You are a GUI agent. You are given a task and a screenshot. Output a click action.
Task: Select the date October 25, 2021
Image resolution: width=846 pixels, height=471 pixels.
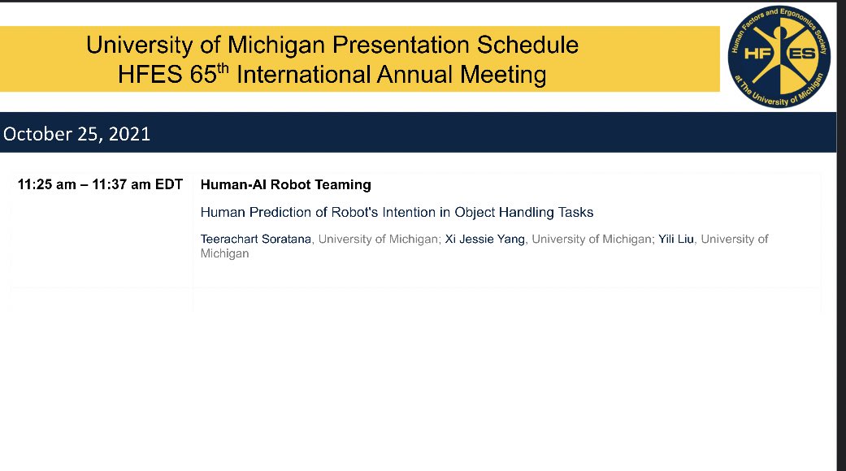point(77,134)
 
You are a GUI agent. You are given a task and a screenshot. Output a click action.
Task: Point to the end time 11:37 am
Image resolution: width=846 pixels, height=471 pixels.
point(122,184)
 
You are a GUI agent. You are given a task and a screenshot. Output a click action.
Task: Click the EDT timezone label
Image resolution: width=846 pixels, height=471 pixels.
point(170,184)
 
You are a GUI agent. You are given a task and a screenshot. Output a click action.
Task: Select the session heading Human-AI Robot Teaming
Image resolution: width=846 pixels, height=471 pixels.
point(285,184)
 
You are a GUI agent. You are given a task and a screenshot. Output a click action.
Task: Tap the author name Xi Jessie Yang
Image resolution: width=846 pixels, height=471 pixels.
point(486,239)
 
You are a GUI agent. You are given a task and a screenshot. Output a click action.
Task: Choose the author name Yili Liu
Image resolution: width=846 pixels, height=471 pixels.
point(677,239)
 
